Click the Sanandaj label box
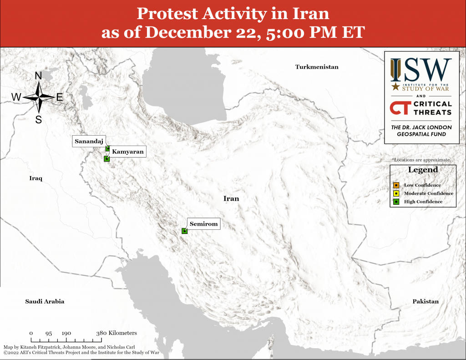tap(89, 141)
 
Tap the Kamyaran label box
tap(128, 152)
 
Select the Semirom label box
tap(203, 223)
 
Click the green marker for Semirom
tap(185, 231)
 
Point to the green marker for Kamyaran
tap(106, 159)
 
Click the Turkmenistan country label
tap(317, 67)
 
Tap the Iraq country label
tap(35, 178)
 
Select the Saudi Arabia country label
tap(45, 301)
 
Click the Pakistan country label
tap(425, 301)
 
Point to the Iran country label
tap(231, 198)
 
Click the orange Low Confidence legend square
tap(396, 185)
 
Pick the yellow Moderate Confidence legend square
tap(396, 193)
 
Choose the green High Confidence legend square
tap(396, 202)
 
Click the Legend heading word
tap(423, 170)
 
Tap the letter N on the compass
tap(38, 76)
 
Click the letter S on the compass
tap(39, 120)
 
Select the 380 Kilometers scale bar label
tap(116, 333)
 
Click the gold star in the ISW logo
tap(395, 86)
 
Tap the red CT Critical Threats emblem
tap(400, 108)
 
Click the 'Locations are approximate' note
tap(422, 160)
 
